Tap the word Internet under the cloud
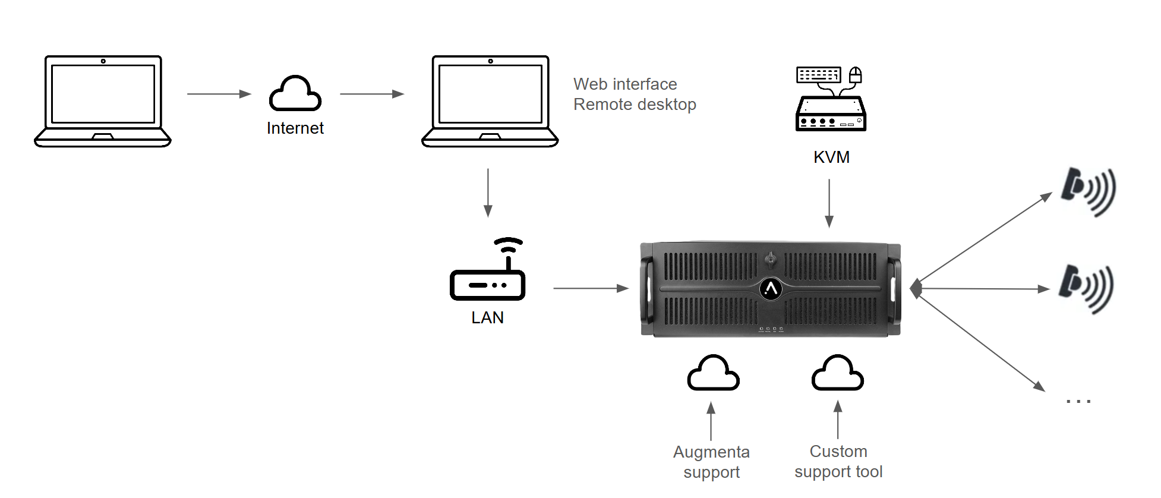(x=295, y=128)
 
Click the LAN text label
(x=487, y=318)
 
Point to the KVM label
(x=831, y=157)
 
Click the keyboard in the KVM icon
(x=818, y=75)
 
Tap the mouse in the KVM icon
(x=855, y=75)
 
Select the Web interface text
(x=625, y=84)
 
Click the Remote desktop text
(x=635, y=105)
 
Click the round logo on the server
(x=771, y=289)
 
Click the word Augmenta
(x=711, y=452)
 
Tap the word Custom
(x=838, y=452)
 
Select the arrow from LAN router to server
(x=591, y=288)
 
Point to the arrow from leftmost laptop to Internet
(x=219, y=94)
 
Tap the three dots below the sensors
(x=1078, y=402)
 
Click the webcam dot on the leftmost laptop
(x=103, y=61)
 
